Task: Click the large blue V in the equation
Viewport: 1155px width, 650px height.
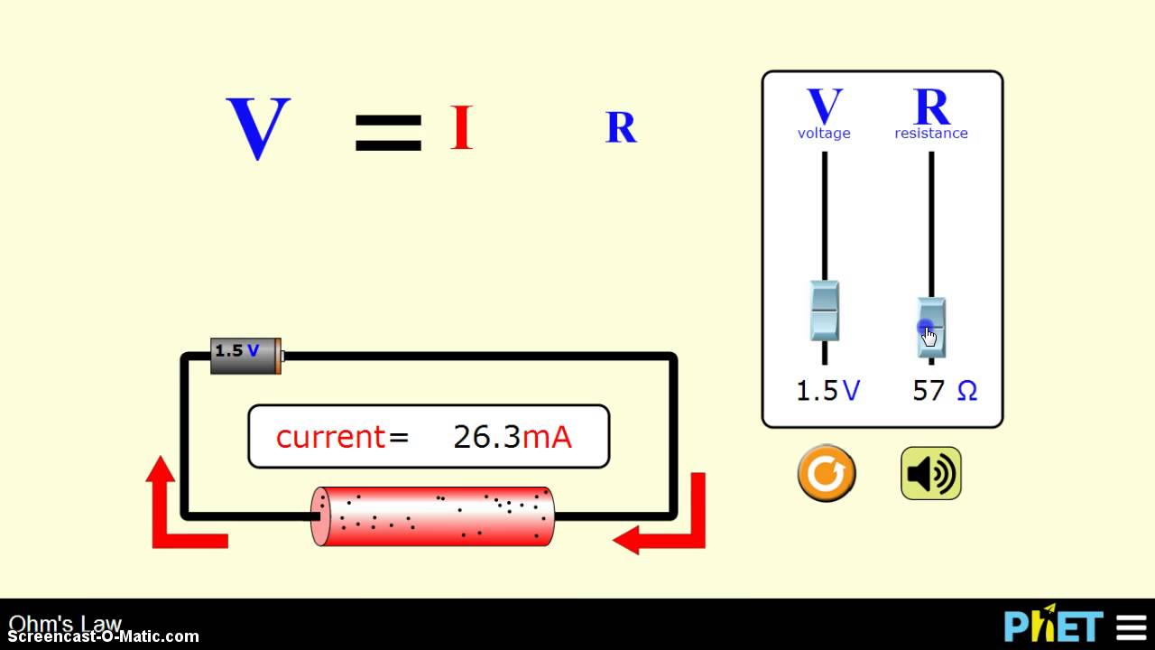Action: pos(258,128)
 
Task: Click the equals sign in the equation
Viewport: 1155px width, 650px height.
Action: pos(388,132)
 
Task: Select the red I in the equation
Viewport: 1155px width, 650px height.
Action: pos(461,128)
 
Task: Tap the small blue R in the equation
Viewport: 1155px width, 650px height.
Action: pos(621,128)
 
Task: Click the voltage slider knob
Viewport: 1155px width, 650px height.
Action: pos(824,311)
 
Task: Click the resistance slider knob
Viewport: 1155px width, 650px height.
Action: pos(931,328)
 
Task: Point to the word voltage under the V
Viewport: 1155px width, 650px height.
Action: pos(824,134)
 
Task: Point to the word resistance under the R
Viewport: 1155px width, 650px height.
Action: pos(931,134)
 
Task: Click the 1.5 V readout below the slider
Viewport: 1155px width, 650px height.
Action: pos(827,391)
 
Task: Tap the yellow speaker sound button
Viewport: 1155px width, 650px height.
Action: pos(931,474)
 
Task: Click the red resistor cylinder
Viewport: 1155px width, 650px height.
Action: pos(433,516)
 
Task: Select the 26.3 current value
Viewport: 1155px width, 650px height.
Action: pos(486,437)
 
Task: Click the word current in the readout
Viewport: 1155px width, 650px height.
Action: pos(330,437)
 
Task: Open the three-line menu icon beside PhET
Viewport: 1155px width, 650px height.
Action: pos(1132,627)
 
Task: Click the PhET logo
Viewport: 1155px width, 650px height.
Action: pos(1053,626)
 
